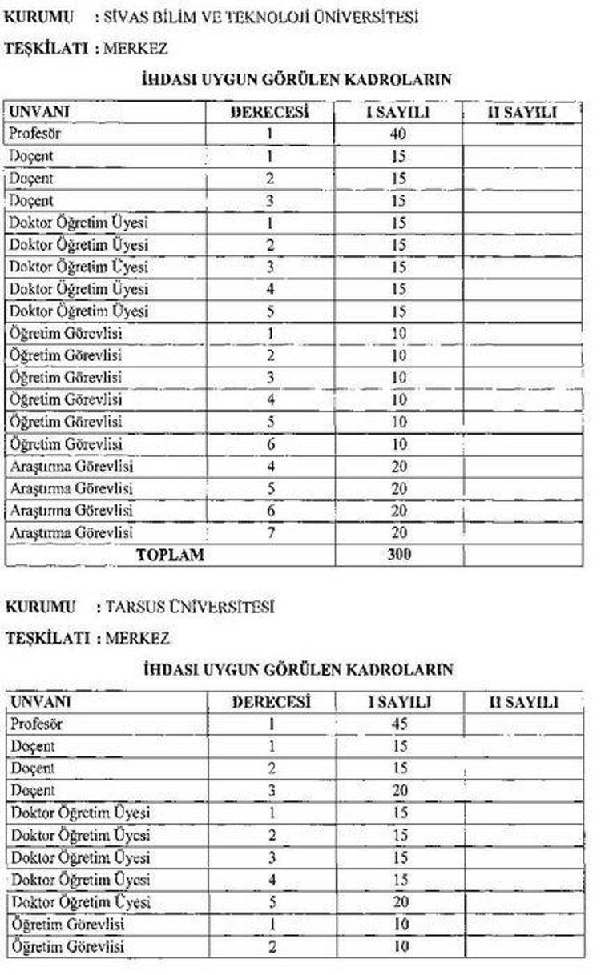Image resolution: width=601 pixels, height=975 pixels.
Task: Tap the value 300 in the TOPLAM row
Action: [x=398, y=554]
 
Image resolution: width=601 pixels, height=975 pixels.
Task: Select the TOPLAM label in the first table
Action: [x=171, y=554]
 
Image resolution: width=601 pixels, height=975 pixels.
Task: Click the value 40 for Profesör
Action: [x=398, y=134]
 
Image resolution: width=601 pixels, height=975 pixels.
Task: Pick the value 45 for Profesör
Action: [x=398, y=724]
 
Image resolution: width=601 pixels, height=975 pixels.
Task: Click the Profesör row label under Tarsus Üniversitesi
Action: [x=36, y=724]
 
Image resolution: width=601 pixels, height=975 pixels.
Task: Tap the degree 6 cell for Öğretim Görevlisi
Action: [x=271, y=443]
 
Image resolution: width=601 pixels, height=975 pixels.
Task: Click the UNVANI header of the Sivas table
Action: [x=38, y=113]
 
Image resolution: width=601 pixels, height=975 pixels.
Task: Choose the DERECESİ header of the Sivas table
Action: [x=270, y=113]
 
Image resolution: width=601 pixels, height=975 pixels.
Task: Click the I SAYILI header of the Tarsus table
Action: [x=398, y=703]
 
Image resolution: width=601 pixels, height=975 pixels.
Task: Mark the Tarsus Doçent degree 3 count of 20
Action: [x=398, y=791]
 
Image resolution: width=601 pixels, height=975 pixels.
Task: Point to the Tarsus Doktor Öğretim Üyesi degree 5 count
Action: [x=398, y=901]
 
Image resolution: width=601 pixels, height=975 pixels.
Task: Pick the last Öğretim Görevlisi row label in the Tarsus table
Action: [x=67, y=946]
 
